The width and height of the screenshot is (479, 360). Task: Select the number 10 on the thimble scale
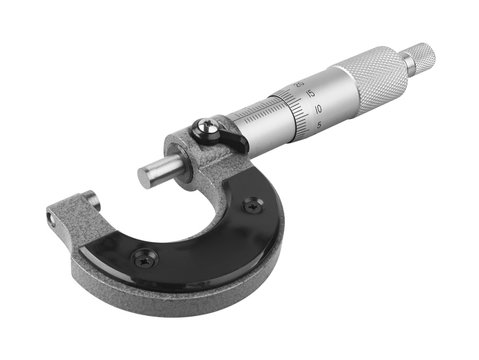coord(315,108)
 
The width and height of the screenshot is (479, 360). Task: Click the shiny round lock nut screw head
coord(204,127)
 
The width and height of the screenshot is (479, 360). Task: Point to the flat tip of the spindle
coord(147,178)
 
